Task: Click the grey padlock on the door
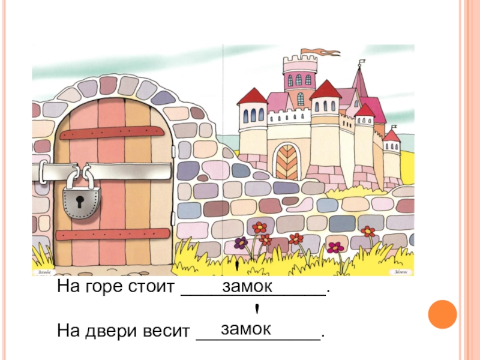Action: coord(79,201)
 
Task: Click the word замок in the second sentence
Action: coord(246,328)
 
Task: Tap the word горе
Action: coord(106,287)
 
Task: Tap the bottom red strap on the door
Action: coord(114,233)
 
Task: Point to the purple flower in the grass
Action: coord(241,243)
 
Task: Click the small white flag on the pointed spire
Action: coord(362,62)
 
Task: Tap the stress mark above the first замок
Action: coord(238,265)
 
